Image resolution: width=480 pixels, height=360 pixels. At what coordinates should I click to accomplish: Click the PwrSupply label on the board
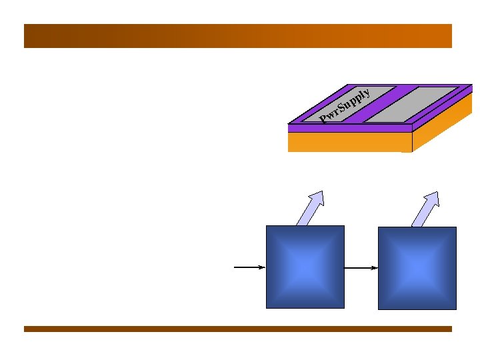345,105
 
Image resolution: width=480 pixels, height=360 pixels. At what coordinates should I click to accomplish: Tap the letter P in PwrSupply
323,120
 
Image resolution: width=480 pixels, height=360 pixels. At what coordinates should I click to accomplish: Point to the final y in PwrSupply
367,92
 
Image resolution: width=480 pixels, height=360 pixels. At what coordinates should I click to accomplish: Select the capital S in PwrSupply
341,107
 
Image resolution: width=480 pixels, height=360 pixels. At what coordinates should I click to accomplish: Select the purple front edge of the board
350,128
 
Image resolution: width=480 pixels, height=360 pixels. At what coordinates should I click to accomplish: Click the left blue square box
305,267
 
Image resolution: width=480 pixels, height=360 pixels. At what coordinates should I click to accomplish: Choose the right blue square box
417,268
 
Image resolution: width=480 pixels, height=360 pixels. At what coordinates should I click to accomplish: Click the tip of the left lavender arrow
321,193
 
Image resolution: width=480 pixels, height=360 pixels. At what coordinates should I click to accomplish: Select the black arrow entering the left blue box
249,267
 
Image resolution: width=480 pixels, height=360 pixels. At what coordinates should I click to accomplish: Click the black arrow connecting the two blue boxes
361,268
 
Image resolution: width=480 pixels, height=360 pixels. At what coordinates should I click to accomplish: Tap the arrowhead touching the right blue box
375,268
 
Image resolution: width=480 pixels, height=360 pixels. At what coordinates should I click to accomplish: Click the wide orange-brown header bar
238,36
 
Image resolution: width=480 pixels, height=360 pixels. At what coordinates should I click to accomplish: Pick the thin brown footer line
238,329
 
